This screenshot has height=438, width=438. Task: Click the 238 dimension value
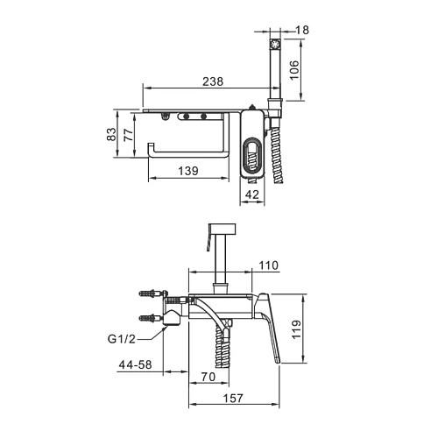coord(213,81)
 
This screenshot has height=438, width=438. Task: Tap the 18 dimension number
coord(302,30)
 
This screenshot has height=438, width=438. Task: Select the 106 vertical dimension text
coord(294,69)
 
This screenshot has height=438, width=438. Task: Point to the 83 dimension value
coord(111,134)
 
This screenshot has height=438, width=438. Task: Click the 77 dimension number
coord(129,135)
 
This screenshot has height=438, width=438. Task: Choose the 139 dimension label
coord(188,171)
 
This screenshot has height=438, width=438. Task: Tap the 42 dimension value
coord(252,194)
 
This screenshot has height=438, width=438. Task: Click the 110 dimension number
coord(269,265)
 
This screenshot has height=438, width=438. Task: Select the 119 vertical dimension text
coord(296,329)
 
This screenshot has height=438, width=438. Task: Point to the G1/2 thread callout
coord(122,339)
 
